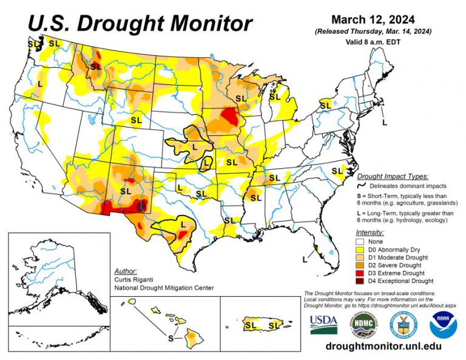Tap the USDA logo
(324, 325)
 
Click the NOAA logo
(443, 325)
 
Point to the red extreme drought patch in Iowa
(229, 115)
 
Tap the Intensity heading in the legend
(370, 232)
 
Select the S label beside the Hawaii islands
(171, 338)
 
